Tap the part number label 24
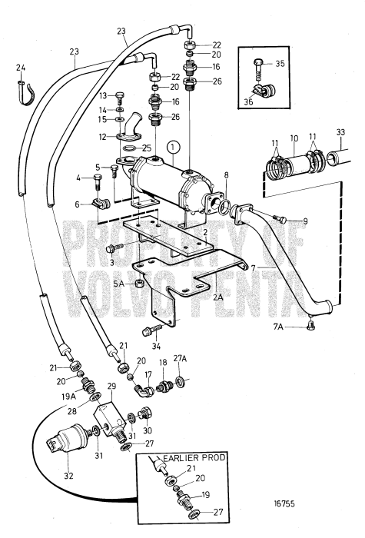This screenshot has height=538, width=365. tap(21, 66)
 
